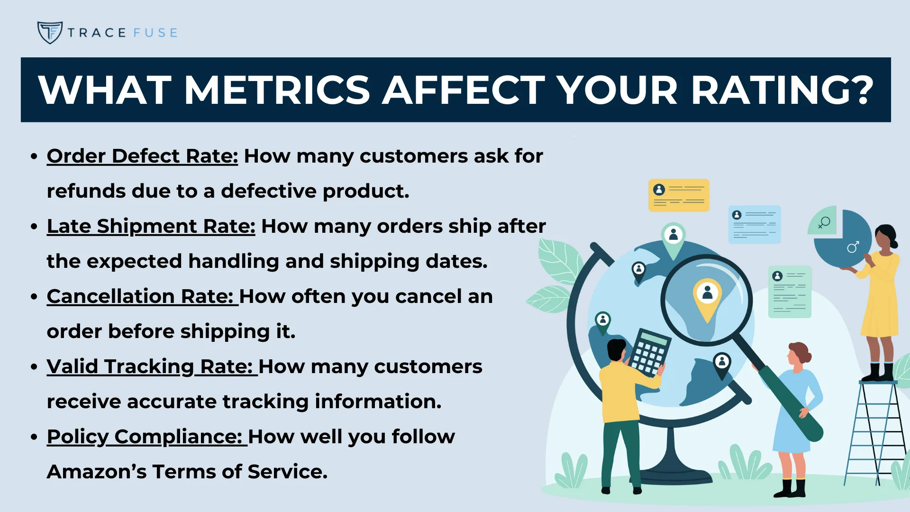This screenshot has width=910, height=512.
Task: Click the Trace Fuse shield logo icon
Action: point(50,33)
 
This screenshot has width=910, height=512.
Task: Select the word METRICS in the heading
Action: point(277,90)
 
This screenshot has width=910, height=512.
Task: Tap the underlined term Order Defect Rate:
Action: point(142,156)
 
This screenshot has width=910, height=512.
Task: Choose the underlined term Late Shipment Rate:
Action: point(151,227)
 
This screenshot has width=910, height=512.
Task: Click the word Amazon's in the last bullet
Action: point(97,472)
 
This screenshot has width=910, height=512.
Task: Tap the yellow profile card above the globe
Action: point(679,195)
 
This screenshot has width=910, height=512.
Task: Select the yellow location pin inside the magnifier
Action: point(707,298)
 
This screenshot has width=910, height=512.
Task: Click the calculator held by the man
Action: point(649,353)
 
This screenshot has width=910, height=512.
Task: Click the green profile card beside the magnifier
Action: point(790,292)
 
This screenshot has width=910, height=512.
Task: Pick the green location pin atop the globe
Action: point(673,237)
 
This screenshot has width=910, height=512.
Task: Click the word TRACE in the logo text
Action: point(97,33)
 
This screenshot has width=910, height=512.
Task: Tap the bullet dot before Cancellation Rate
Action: point(34,297)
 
